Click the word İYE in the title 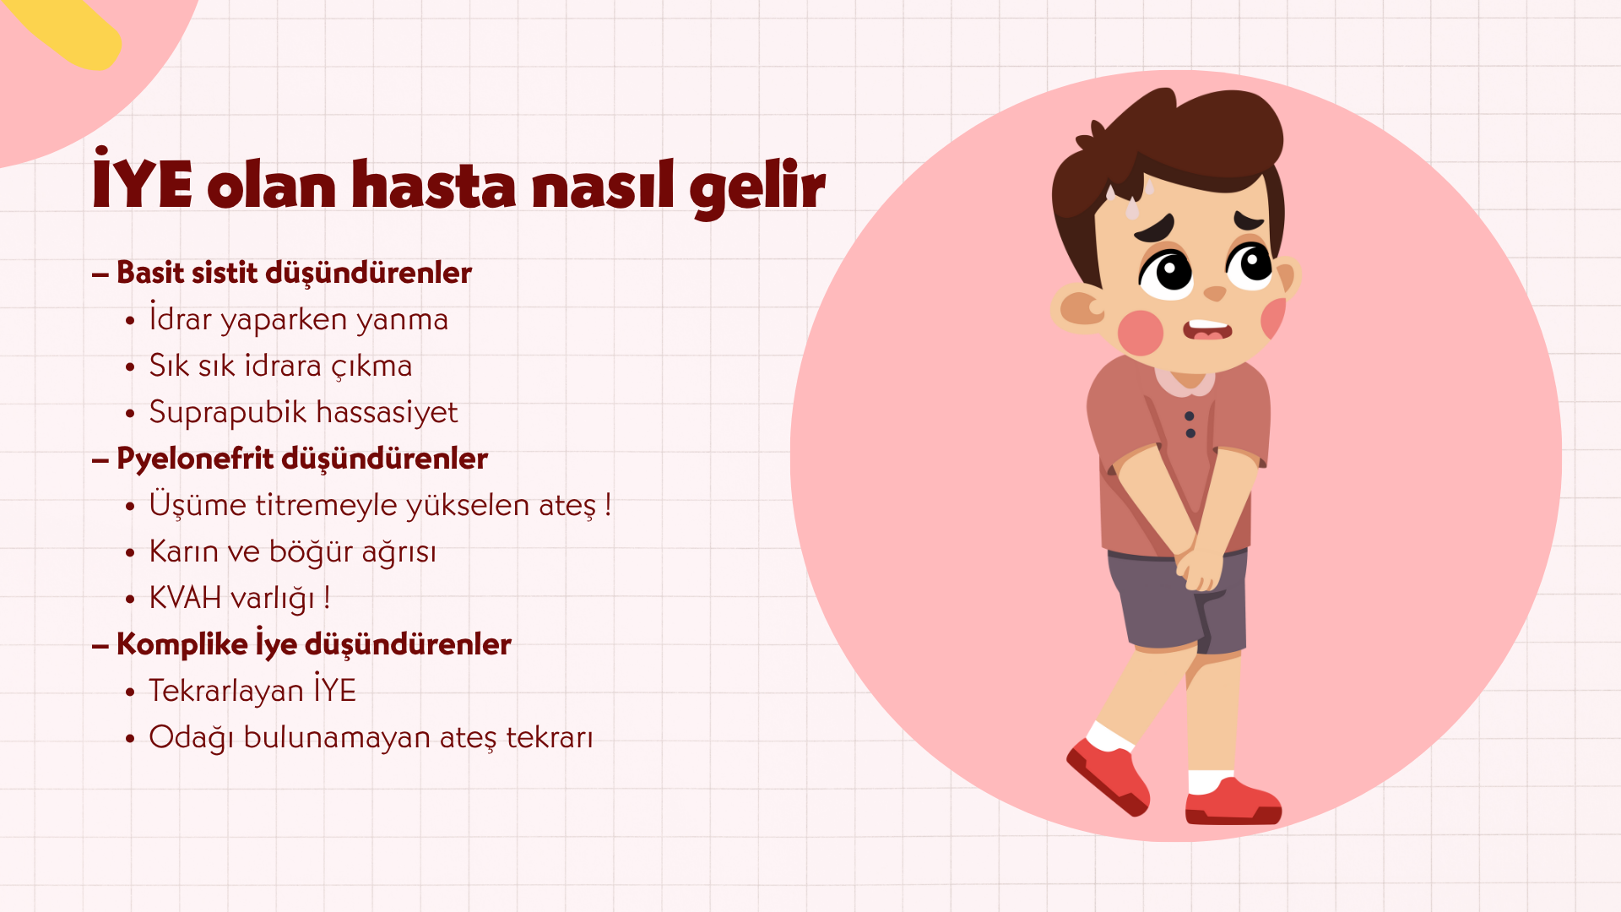(x=142, y=178)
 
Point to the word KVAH (x=185, y=597)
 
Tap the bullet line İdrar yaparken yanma (x=298, y=318)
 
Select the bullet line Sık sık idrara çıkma (x=280, y=366)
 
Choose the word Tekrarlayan (x=226, y=691)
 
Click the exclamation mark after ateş (x=608, y=505)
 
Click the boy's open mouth (x=1207, y=328)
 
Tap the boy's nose (x=1214, y=293)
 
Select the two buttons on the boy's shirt (x=1190, y=425)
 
